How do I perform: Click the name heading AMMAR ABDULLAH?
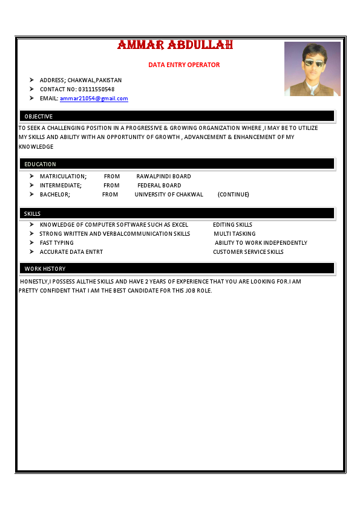coord(175,45)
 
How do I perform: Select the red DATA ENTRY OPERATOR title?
coord(184,65)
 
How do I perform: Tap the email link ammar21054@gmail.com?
coord(94,99)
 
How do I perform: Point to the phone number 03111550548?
coord(97,89)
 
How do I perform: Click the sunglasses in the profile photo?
coord(313,63)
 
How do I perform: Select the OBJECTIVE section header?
coord(39,116)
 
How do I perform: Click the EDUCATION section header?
coord(40,164)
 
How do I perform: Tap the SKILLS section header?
coord(33,214)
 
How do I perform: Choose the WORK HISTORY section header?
coord(45,268)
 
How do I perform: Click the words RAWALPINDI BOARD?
coord(163,177)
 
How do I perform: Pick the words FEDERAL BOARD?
coord(159,186)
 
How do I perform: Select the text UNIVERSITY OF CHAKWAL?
coord(169,195)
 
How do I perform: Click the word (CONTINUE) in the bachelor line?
coord(233,195)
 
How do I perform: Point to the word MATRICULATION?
coord(63,177)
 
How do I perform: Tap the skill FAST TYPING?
coord(57,243)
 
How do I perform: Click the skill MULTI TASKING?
coord(234,234)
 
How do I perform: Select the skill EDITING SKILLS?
coord(232,225)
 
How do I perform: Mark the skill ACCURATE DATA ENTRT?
coord(71,252)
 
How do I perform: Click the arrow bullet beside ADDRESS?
coord(31,80)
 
